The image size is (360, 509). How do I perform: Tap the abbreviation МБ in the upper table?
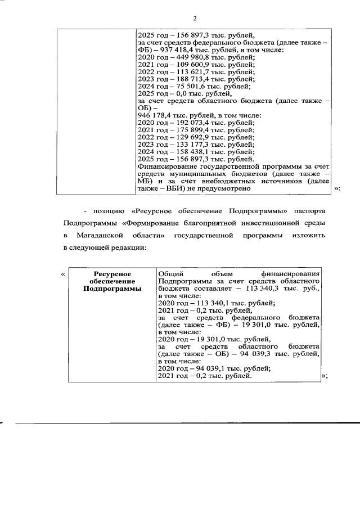145,182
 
